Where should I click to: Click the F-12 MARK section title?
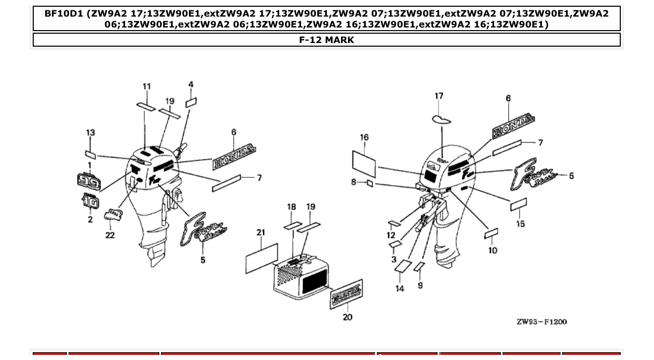pyautogui.click(x=326, y=40)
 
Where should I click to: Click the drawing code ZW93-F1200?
pyautogui.click(x=541, y=322)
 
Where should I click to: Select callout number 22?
pyautogui.click(x=110, y=235)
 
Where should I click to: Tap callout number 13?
pyautogui.click(x=90, y=133)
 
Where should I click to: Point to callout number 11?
pyautogui.click(x=147, y=86)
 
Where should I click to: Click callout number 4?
pyautogui.click(x=191, y=84)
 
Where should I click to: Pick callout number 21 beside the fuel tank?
pyautogui.click(x=261, y=233)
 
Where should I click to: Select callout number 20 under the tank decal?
pyautogui.click(x=347, y=317)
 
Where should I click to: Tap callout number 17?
pyautogui.click(x=439, y=96)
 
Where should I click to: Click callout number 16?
pyautogui.click(x=364, y=137)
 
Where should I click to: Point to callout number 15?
pyautogui.click(x=520, y=224)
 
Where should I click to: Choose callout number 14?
pyautogui.click(x=400, y=288)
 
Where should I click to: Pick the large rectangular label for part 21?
pyautogui.click(x=262, y=257)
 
